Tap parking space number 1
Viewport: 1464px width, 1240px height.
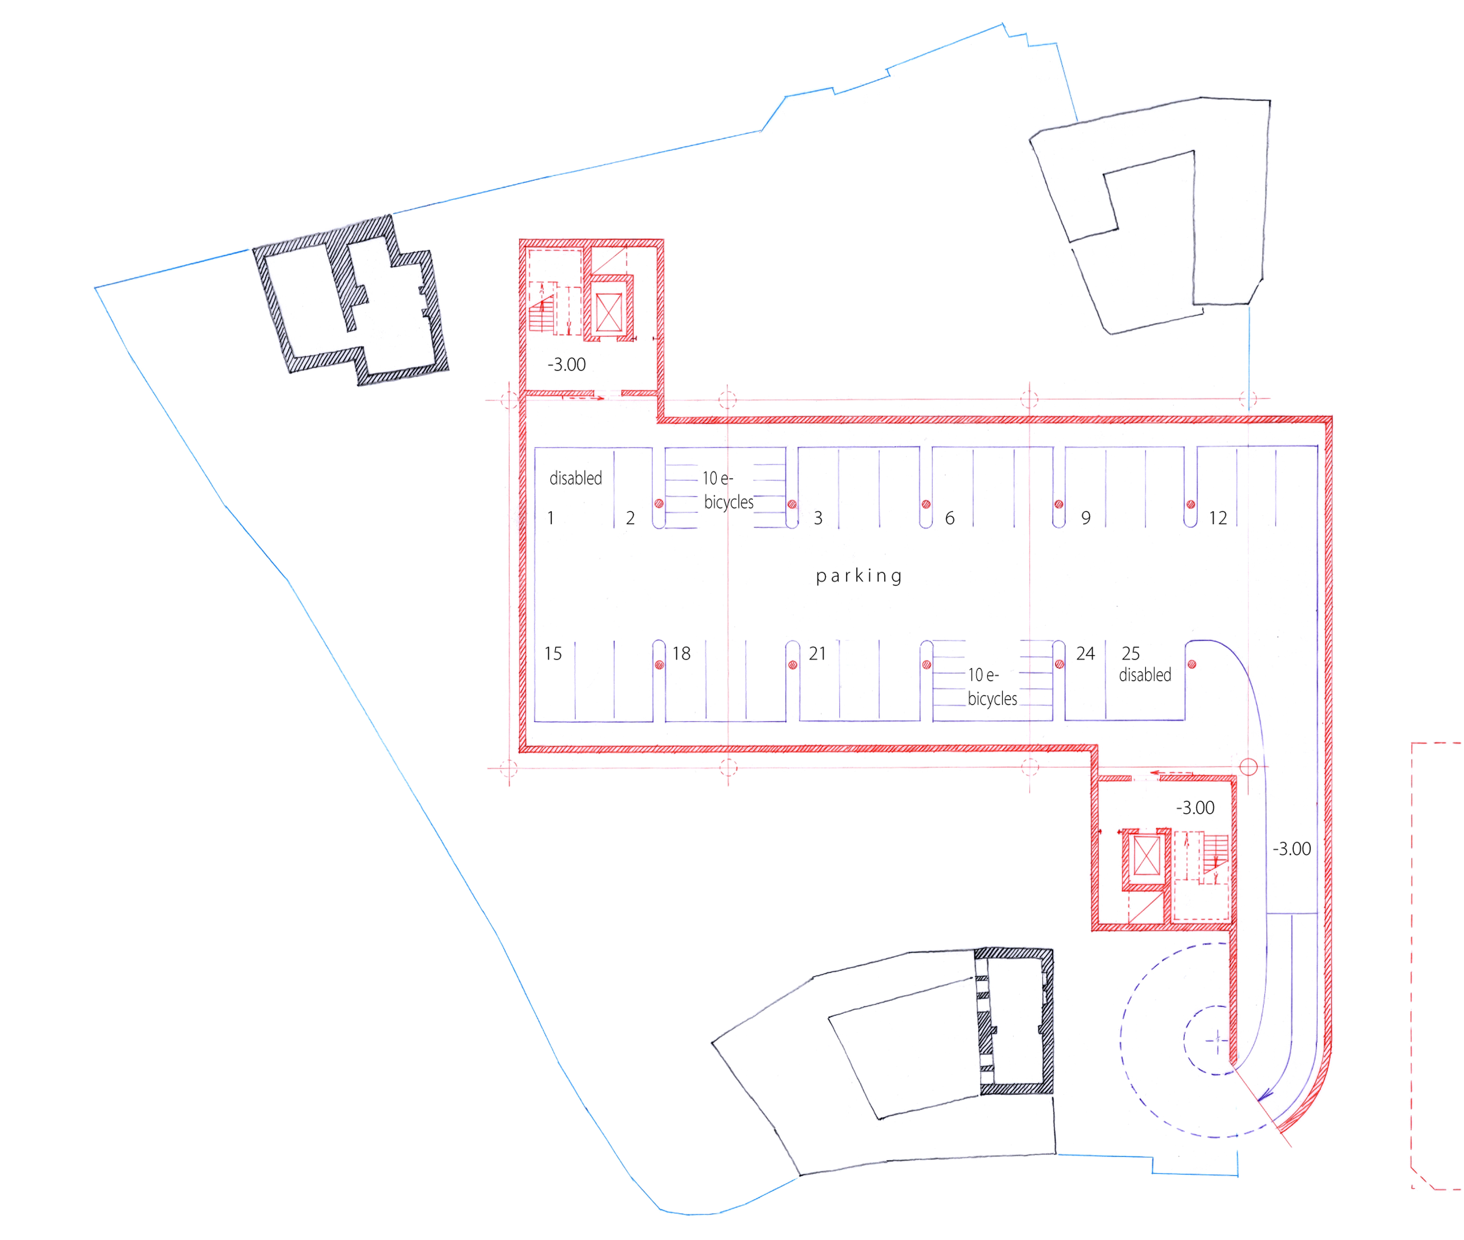(x=551, y=518)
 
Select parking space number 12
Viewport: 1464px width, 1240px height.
(x=1217, y=518)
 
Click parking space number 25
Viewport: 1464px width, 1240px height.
(x=1130, y=653)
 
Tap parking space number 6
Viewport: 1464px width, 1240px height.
(x=950, y=518)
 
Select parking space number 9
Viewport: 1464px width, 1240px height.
(x=1086, y=518)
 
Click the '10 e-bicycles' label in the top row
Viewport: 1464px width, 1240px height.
(x=728, y=490)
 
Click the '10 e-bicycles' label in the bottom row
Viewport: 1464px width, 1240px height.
(x=992, y=687)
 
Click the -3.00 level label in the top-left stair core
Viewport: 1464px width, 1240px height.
(x=566, y=364)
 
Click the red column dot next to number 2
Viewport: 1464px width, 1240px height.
(x=659, y=503)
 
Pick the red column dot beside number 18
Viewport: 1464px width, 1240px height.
(x=659, y=664)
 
